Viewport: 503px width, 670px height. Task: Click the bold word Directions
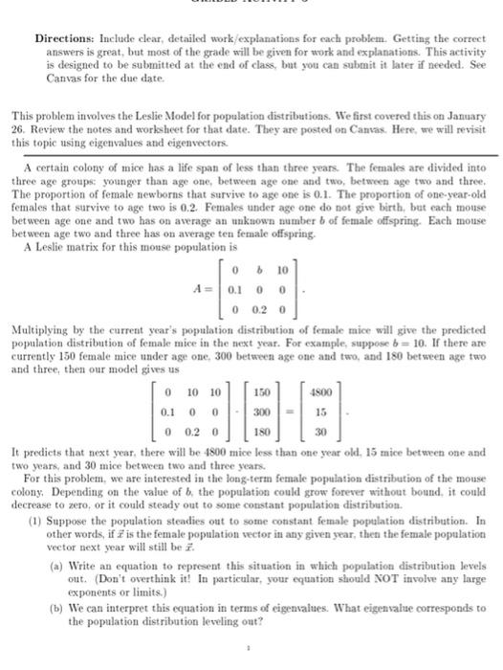(x=64, y=39)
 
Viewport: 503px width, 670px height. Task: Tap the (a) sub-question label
(x=83, y=554)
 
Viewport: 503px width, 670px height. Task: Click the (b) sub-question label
(x=83, y=594)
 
